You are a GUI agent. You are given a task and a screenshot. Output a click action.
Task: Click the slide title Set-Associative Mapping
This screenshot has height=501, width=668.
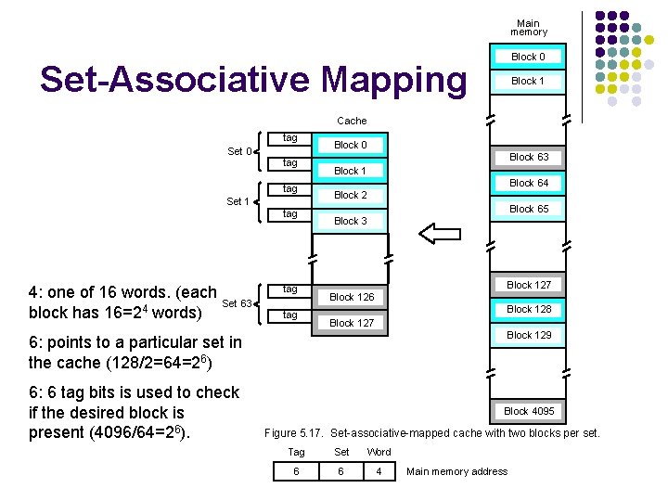click(x=253, y=81)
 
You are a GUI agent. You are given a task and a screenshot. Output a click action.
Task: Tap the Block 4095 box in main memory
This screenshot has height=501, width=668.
click(x=529, y=410)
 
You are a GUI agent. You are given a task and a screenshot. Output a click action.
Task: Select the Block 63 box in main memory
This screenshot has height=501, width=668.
click(x=529, y=157)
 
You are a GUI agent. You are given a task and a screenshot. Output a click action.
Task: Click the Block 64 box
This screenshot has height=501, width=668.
click(x=529, y=183)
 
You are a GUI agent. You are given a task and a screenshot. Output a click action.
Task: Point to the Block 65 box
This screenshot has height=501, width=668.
click(x=529, y=209)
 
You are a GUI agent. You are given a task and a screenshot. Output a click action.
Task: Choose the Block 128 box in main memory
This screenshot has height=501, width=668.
click(x=529, y=309)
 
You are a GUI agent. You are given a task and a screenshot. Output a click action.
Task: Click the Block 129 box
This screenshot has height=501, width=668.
click(x=529, y=335)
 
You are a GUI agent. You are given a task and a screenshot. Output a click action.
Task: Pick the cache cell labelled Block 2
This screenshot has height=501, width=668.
click(x=351, y=195)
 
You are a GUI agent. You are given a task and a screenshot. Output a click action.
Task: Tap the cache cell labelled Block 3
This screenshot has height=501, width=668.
click(x=351, y=221)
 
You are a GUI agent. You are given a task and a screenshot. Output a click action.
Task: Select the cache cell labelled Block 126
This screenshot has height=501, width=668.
click(x=352, y=297)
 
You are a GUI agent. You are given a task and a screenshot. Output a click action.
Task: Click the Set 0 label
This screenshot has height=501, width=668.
click(x=238, y=151)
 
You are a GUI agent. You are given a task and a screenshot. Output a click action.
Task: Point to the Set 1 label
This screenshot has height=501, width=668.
click(x=238, y=201)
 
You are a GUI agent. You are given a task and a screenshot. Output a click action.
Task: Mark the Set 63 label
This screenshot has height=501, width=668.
click(x=237, y=303)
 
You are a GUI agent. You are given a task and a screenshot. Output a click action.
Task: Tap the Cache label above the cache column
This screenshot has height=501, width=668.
click(x=352, y=121)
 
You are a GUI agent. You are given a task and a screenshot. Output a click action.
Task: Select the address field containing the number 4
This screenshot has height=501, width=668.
click(x=379, y=471)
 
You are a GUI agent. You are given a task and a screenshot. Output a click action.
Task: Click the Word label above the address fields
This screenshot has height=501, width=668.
click(x=379, y=452)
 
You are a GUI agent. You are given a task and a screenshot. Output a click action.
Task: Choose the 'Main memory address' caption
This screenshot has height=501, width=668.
click(x=457, y=471)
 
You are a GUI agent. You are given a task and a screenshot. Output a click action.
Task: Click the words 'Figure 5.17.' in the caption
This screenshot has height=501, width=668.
click(x=294, y=433)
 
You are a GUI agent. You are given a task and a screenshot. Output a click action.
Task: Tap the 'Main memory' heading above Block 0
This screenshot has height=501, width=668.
click(x=528, y=28)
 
